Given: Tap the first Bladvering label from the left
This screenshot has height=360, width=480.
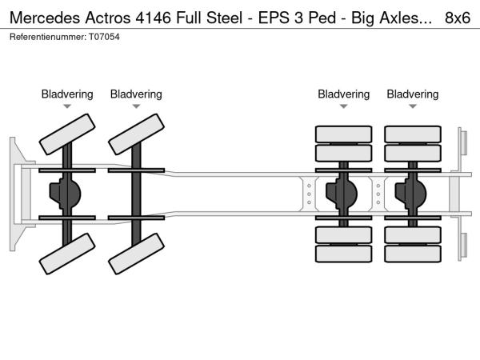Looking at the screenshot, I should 67,94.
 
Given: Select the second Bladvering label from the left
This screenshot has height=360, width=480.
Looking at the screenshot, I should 136,94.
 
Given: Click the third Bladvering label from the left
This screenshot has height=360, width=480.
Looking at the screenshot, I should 344,94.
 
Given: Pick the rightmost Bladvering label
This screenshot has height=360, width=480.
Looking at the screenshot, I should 413,94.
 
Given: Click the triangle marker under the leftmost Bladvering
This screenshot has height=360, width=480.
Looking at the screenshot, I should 67,106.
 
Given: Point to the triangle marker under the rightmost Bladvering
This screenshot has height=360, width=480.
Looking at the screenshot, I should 413,106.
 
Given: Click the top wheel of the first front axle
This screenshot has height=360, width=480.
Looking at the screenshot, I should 67,134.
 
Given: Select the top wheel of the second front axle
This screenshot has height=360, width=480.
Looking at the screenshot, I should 136,134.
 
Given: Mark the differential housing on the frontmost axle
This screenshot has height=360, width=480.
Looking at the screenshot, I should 67,193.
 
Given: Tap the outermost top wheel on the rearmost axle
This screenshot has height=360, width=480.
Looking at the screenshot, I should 413,133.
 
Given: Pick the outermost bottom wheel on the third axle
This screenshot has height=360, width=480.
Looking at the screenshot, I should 344,254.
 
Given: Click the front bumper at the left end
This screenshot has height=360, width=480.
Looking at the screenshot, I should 16,193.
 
